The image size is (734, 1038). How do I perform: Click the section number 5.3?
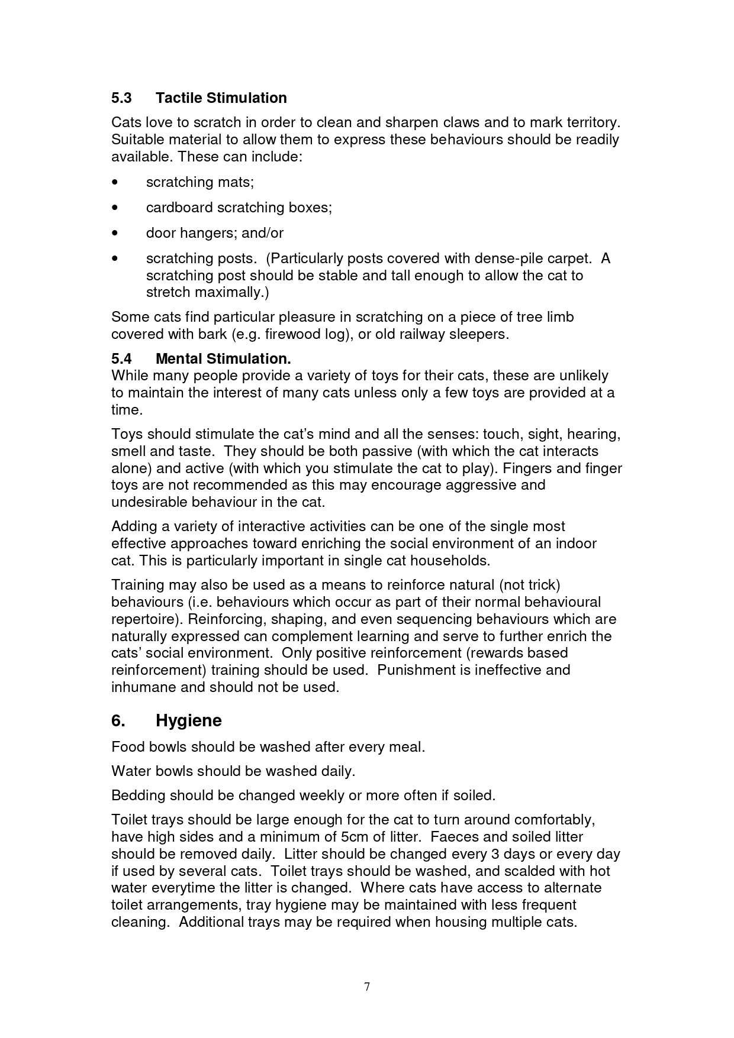121,98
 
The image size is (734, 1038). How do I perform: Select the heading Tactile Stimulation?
221,98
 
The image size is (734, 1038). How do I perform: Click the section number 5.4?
121,359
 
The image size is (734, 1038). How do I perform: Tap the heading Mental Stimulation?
223,359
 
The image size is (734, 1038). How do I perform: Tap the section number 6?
118,720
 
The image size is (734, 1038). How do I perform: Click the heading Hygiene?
188,721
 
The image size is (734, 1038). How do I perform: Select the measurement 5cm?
353,837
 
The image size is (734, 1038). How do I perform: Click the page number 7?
367,987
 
